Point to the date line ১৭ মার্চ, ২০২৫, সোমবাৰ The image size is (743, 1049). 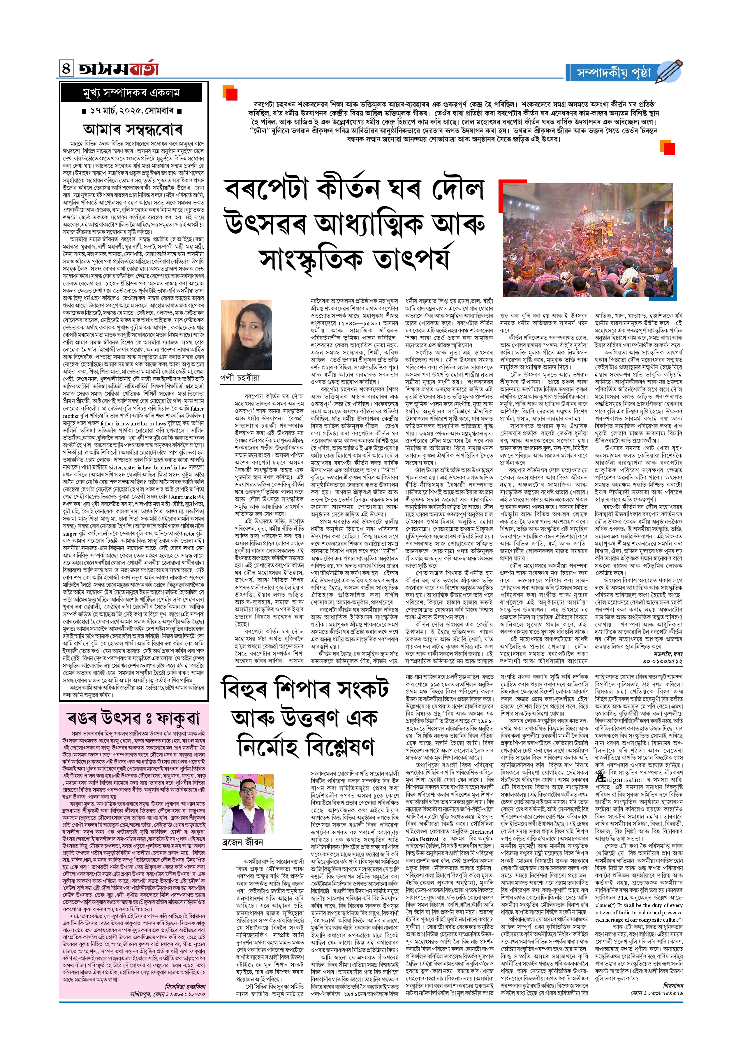point(133,111)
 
